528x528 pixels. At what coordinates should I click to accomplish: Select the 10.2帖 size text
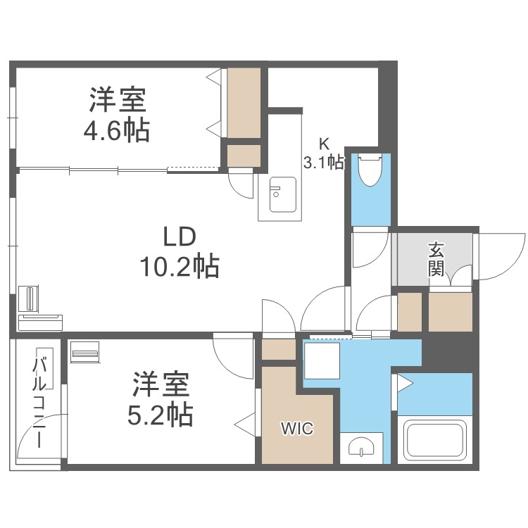[180, 267]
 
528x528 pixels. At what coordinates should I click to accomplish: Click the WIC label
[297, 428]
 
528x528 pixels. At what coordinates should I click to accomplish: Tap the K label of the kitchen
[324, 144]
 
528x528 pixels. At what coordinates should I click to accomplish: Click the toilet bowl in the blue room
[369, 169]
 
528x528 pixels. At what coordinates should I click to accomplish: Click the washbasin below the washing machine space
[360, 446]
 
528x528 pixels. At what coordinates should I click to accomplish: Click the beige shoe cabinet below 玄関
[450, 310]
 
